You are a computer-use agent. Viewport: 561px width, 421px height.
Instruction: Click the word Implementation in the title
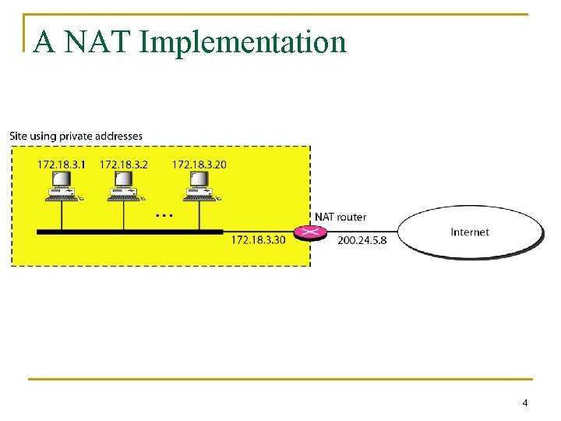point(242,42)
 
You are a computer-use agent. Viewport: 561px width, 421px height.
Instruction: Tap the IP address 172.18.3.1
point(62,165)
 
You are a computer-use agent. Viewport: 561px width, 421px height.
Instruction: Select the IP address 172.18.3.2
point(123,165)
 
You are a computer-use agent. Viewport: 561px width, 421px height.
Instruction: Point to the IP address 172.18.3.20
point(199,165)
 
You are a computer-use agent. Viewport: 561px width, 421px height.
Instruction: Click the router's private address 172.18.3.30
point(258,239)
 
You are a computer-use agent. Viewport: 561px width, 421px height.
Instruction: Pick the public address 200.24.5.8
point(362,239)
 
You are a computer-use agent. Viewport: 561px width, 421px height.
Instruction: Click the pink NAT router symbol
point(311,232)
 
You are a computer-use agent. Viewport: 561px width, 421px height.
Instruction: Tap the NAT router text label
point(340,217)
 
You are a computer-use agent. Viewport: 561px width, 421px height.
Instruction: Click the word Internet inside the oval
point(470,232)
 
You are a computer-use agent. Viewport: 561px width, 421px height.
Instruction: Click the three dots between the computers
point(164,214)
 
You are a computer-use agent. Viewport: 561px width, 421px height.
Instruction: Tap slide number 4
point(524,403)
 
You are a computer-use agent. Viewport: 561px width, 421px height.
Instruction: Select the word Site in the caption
point(17,136)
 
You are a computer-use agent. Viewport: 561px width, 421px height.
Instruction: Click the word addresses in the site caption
point(120,136)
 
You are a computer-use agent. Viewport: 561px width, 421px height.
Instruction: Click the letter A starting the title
point(44,42)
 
